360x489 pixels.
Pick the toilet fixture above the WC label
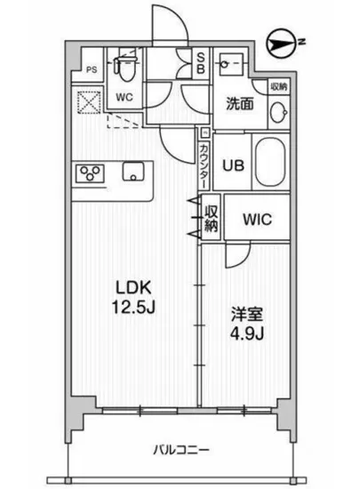[124, 66]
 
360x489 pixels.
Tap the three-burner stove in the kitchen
[91, 172]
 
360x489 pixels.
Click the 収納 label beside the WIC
[211, 218]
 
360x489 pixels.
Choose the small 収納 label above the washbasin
[278, 86]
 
